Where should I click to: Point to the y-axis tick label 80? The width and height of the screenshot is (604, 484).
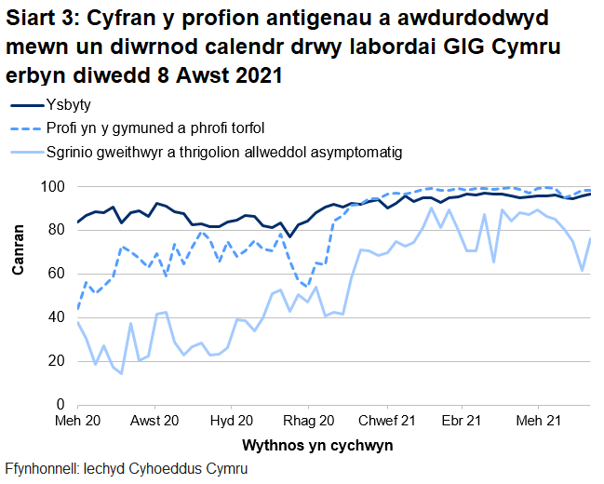coord(57,230)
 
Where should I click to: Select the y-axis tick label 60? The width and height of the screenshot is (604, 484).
coord(57,274)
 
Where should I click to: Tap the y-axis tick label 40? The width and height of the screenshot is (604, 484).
coord(57,317)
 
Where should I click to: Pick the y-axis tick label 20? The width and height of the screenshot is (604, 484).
coord(57,361)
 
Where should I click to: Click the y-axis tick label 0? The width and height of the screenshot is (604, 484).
coord(60,405)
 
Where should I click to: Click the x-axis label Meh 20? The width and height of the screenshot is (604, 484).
coord(78,422)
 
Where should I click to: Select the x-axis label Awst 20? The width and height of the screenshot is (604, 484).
coord(154,422)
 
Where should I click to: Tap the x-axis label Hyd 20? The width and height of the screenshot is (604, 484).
coord(233,422)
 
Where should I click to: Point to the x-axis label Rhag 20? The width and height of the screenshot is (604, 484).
coord(309,422)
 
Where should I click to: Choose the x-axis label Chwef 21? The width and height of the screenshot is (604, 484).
coord(384,422)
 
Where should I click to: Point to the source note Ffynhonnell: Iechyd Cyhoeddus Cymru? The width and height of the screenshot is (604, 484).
coord(126,468)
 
